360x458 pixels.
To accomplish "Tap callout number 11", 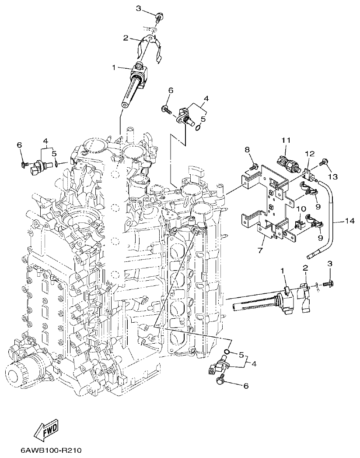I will (x=286, y=140).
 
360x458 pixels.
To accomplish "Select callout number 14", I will (x=349, y=222).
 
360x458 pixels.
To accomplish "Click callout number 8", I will (x=248, y=150).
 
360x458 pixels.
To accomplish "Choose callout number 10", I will (x=301, y=209).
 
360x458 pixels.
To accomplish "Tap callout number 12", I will (x=310, y=154).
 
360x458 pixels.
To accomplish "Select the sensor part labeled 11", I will (x=289, y=162).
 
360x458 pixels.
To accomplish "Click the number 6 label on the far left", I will (x=19, y=144).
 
